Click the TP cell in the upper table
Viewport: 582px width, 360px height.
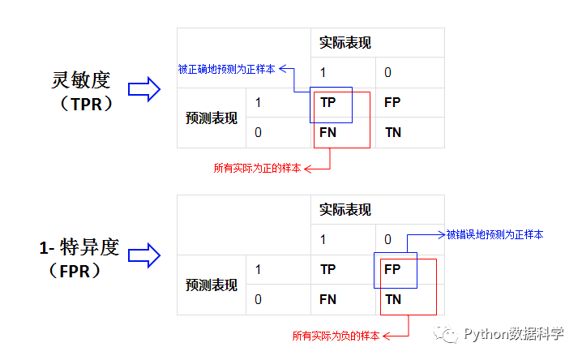tap(328, 103)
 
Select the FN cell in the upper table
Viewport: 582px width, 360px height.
tap(328, 132)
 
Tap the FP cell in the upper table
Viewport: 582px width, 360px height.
tap(392, 103)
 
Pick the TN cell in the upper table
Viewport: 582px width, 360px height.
tap(392, 132)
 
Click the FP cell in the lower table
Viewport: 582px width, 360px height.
tap(392, 269)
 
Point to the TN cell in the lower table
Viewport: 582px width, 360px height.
tap(392, 299)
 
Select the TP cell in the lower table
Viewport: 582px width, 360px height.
tap(328, 269)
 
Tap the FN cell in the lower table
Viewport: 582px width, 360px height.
tap(328, 299)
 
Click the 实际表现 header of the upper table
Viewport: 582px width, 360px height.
tap(345, 43)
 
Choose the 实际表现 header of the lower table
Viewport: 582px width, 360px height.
tap(345, 210)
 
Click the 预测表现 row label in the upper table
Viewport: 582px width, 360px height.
tap(212, 118)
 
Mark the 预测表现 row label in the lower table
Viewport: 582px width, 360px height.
tap(212, 285)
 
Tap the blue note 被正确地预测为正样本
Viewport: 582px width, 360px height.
tap(226, 70)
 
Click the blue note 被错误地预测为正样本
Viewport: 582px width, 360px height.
tap(494, 234)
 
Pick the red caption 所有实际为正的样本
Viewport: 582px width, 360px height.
tap(257, 169)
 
